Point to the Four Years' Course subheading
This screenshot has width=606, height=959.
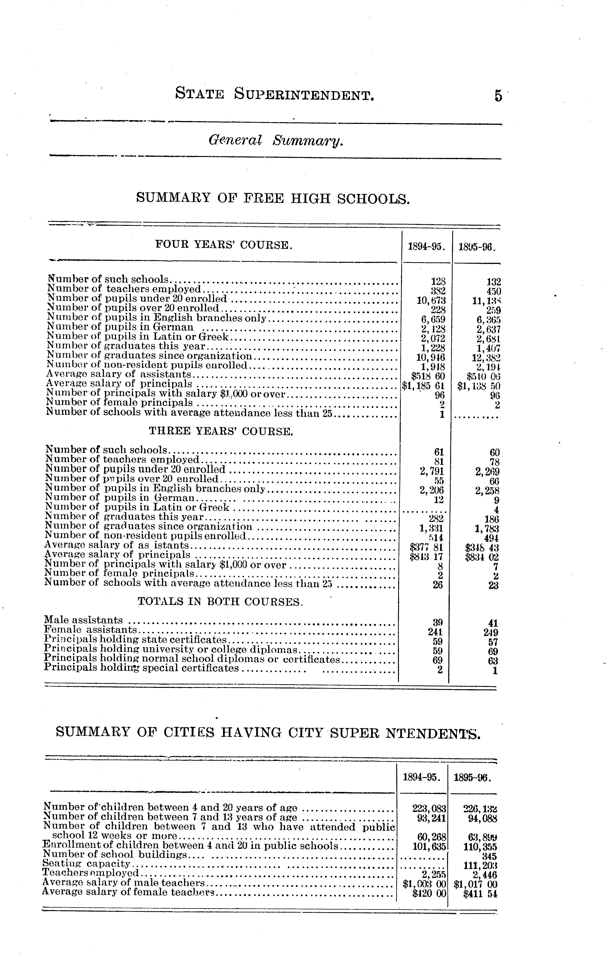tap(224, 245)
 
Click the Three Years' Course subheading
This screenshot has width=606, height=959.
tap(221, 431)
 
